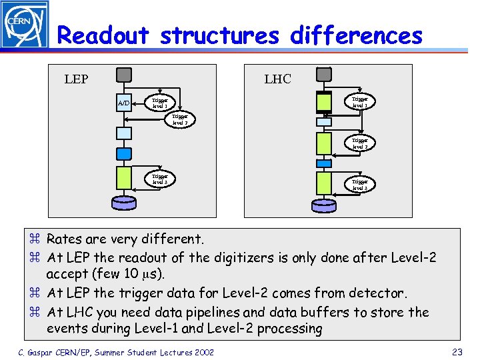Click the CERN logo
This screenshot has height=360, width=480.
pyautogui.click(x=24, y=25)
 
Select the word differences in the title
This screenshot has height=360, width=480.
pyautogui.click(x=356, y=35)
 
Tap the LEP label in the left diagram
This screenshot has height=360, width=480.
pyautogui.click(x=76, y=79)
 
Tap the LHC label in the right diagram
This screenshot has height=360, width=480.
pyautogui.click(x=277, y=79)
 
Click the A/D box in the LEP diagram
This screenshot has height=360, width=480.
pyautogui.click(x=124, y=103)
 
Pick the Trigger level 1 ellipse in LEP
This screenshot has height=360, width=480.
pyautogui.click(x=160, y=103)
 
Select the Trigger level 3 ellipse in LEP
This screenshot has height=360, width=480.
pyautogui.click(x=160, y=179)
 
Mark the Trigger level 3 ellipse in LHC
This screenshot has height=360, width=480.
pyautogui.click(x=360, y=185)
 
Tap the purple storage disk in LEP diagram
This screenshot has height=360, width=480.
pyautogui.click(x=124, y=202)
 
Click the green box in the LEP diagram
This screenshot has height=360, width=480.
pyautogui.click(x=124, y=178)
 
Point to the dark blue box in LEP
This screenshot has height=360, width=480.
pyautogui.click(x=124, y=153)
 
